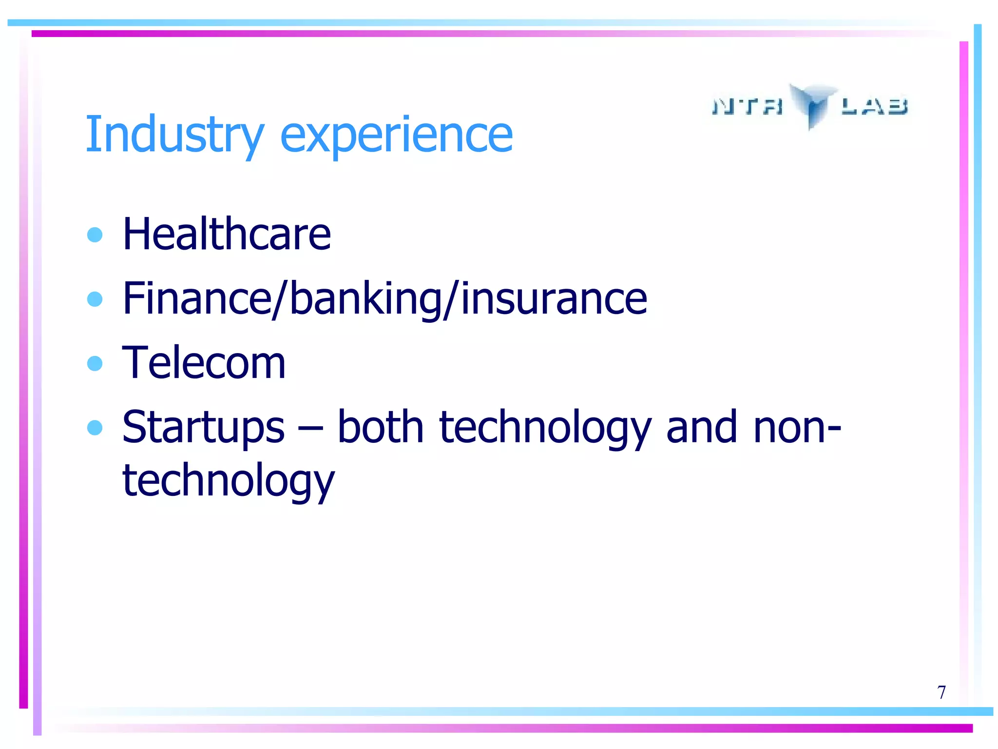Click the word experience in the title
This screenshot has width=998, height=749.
pos(396,136)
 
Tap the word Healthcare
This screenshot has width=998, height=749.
pos(227,235)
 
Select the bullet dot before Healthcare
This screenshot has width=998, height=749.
pos(95,235)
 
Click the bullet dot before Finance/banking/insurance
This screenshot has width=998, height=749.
pos(95,298)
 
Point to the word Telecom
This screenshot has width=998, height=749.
pos(204,363)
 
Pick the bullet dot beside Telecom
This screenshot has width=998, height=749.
pos(95,363)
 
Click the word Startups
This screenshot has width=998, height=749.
pos(203,428)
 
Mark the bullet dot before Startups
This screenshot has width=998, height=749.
pos(95,428)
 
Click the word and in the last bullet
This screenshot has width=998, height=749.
pos(702,427)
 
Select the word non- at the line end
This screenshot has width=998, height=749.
pos(797,427)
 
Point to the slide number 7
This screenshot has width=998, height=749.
pos(941,692)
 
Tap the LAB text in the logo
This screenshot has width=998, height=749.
pos(875,106)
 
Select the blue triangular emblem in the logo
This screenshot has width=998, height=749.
pos(812,104)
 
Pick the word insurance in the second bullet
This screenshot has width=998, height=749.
pos(554,298)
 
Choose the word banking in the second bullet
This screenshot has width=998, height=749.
pos(365,298)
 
